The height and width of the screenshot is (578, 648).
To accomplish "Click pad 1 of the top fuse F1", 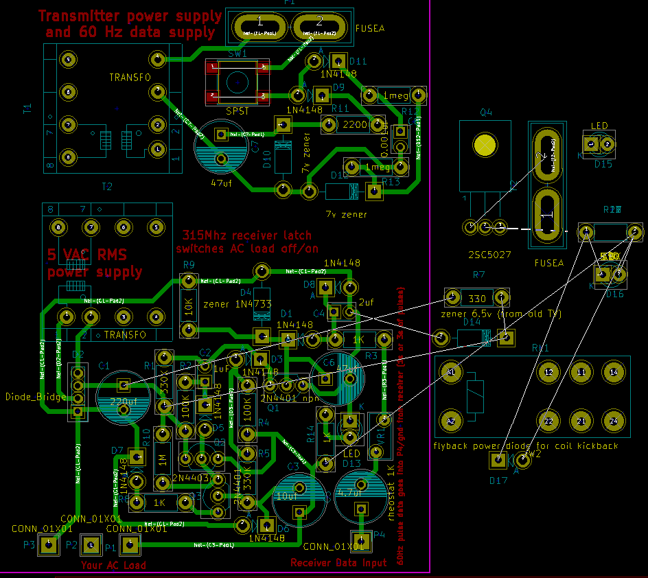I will (259, 28).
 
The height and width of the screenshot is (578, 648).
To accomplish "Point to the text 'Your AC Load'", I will (113, 566).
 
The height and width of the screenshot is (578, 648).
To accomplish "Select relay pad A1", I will (450, 372).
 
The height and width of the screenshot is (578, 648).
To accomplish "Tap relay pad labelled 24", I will (614, 421).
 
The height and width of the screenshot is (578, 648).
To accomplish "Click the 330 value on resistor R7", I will (477, 299).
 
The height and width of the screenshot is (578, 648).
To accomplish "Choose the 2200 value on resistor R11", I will (355, 125).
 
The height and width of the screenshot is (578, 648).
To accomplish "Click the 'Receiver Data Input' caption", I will (338, 563).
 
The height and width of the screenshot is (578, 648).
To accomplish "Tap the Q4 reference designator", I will (486, 113).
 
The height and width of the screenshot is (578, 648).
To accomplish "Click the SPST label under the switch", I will (238, 111).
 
